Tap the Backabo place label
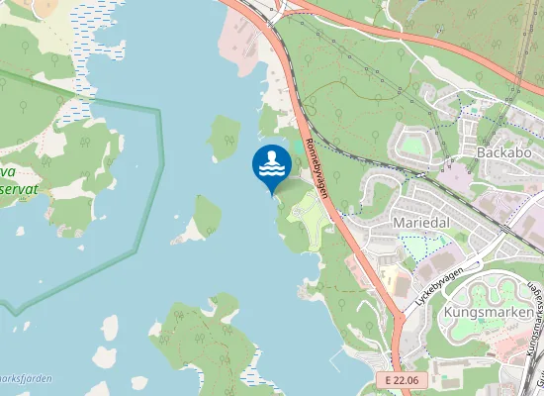(504, 153)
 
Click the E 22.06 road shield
(404, 380)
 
